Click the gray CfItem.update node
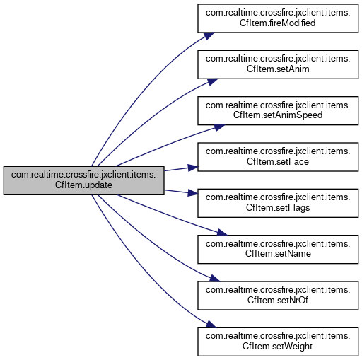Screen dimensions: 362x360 point(83,180)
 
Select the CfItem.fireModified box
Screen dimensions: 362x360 point(278,18)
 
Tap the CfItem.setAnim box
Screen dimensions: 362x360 point(278,64)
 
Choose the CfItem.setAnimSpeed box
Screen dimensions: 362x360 point(278,110)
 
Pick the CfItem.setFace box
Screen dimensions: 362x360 point(278,157)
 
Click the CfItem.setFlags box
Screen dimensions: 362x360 point(278,203)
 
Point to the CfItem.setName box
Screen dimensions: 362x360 point(278,249)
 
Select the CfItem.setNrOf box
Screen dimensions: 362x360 point(278,296)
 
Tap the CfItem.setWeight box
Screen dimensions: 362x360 point(278,342)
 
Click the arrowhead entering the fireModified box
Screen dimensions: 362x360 point(209,35)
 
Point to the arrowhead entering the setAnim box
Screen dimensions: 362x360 point(212,81)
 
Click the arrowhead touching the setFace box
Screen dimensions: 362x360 point(193,168)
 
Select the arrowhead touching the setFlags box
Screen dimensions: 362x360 point(193,193)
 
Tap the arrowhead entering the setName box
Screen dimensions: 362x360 point(222,233)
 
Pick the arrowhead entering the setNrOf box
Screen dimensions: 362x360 point(214,278)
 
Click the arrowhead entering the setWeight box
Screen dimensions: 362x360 point(211,325)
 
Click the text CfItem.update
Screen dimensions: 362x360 point(83,185)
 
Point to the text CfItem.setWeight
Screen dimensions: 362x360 point(277,347)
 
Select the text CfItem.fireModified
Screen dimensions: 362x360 point(278,23)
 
